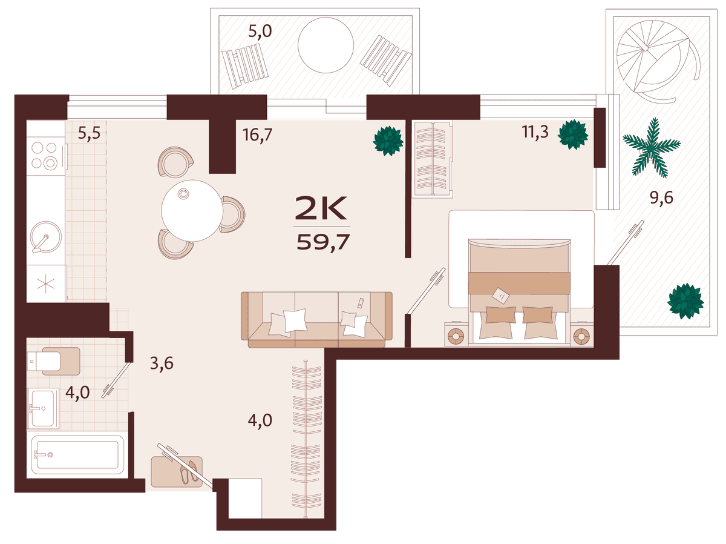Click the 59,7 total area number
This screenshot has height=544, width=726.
pos(323,242)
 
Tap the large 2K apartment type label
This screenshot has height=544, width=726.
pos(321,208)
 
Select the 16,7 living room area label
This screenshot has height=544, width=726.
pos(257,135)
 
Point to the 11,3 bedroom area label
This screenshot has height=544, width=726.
pos(535,132)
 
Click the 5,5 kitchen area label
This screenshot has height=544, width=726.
pos(89,133)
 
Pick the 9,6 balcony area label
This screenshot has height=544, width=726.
pos(661,198)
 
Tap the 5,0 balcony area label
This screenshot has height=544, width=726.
pos(260,32)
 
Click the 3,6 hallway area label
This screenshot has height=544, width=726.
pos(162,364)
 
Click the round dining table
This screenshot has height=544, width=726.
pos(192,211)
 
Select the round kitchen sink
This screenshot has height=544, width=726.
pos(45,237)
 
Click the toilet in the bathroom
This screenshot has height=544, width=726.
pos(54,361)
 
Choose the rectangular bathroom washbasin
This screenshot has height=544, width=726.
pos(44,408)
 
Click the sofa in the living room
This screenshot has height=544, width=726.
pos(316,319)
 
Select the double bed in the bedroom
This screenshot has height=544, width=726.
pos(519,291)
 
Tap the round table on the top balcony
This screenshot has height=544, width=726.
pos(325,45)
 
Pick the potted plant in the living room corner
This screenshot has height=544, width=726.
pos(388,141)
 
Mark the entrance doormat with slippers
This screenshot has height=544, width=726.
pos(177,471)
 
